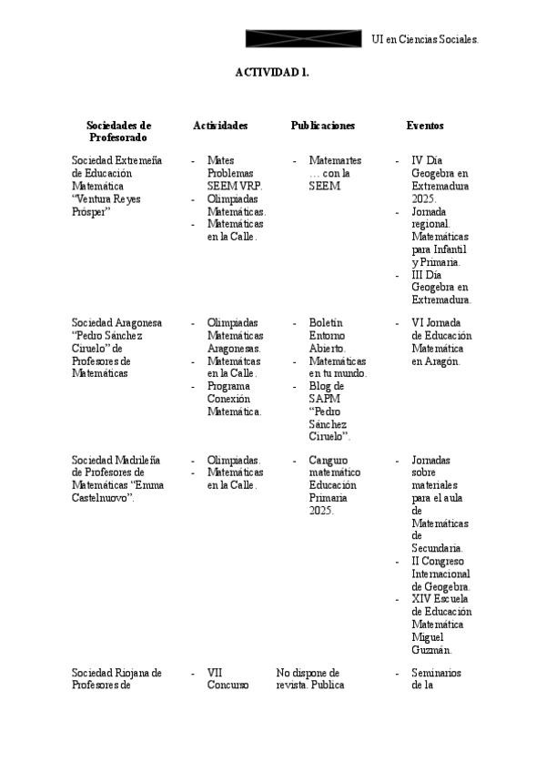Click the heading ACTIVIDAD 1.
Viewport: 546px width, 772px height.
pyautogui.click(x=272, y=73)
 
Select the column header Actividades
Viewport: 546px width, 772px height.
pyautogui.click(x=220, y=126)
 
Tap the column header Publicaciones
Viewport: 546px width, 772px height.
pyautogui.click(x=323, y=126)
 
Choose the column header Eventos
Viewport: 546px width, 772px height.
pyautogui.click(x=425, y=126)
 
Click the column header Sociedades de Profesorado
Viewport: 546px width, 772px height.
pyautogui.click(x=118, y=131)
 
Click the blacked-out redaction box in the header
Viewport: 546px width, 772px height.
pyautogui.click(x=304, y=38)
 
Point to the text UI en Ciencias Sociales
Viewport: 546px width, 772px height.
pyautogui.click(x=426, y=39)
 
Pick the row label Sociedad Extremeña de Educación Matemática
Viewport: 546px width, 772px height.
pyautogui.click(x=116, y=179)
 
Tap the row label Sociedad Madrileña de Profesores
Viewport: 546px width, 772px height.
pyautogui.click(x=116, y=472)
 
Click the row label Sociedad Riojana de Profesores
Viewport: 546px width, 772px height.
pyautogui.click(x=116, y=679)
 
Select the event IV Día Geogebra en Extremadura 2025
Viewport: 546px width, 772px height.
pyautogui.click(x=440, y=179)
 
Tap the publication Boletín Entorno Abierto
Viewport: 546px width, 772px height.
pyautogui.click(x=328, y=335)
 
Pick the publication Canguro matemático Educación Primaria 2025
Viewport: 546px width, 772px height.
pyautogui.click(x=334, y=485)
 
